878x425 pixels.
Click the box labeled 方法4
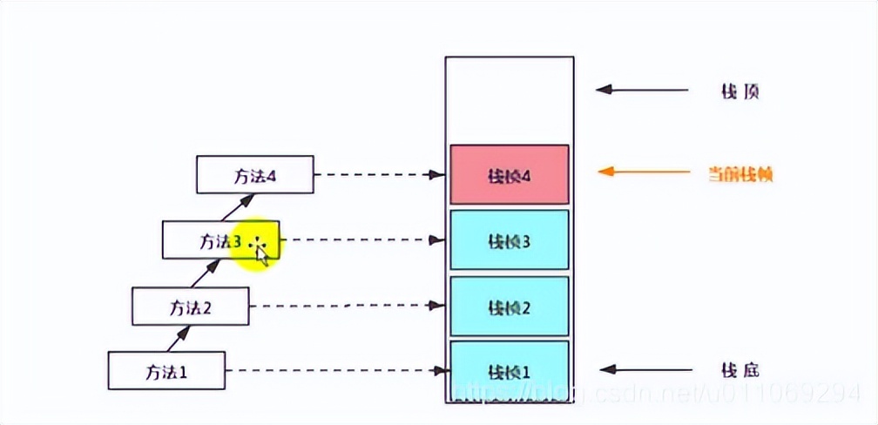click(254, 175)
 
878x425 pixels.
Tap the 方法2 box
click(190, 306)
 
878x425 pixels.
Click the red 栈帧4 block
click(510, 175)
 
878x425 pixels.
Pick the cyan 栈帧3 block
click(510, 239)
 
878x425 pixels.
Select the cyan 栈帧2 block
click(510, 306)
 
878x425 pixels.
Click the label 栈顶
click(740, 91)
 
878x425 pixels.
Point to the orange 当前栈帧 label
click(740, 174)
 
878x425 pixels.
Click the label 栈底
click(740, 370)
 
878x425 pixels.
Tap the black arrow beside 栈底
click(643, 369)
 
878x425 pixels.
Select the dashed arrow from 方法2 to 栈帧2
click(347, 306)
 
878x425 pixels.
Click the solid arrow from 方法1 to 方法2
click(179, 338)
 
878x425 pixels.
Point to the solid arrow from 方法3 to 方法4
click(233, 207)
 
